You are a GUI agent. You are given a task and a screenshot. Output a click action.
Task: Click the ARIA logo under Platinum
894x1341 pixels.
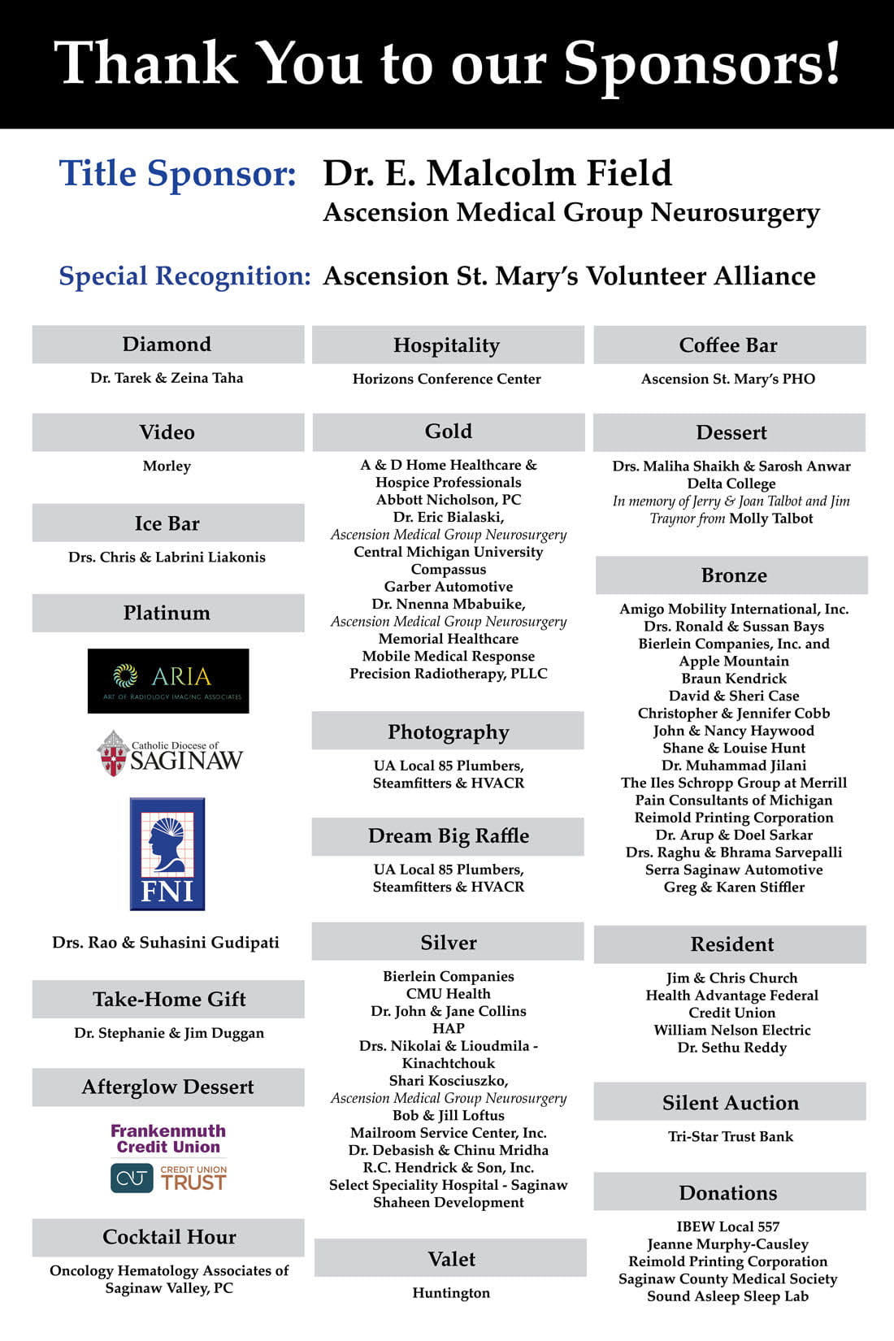coord(168,681)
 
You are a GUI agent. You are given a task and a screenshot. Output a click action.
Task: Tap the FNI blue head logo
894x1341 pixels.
coord(167,853)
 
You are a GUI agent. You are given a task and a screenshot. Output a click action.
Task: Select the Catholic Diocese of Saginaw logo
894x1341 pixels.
coord(170,753)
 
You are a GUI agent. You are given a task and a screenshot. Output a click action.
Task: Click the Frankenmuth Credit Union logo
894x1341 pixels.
coord(168,1139)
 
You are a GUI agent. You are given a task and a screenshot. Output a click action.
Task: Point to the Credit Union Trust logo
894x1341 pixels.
coord(168,1178)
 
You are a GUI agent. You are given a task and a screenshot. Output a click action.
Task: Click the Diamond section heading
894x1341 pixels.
coord(167,345)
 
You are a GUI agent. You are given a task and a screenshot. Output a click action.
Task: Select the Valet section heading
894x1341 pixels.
coord(451,1259)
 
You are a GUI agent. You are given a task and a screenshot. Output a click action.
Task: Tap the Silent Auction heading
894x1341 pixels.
coord(730,1103)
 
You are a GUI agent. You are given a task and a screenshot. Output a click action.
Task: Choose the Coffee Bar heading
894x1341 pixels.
coord(728,345)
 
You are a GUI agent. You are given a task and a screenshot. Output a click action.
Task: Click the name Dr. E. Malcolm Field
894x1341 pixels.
coord(497,174)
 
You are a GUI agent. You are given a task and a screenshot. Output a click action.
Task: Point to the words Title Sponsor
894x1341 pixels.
coord(177,174)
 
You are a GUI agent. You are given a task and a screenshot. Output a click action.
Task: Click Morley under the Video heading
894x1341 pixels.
coord(167,466)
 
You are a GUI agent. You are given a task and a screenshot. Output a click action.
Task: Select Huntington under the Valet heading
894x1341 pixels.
coord(451,1293)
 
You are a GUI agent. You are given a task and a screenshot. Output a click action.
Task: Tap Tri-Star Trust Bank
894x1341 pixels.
coord(730,1137)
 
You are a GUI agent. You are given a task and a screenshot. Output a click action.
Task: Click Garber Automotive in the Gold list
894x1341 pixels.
coord(449,587)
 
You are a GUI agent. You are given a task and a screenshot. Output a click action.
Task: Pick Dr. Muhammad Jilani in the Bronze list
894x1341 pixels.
coord(733,766)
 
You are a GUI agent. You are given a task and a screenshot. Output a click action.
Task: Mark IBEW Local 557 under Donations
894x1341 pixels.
coord(727,1227)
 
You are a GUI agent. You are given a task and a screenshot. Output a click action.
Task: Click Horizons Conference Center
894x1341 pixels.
coord(447,379)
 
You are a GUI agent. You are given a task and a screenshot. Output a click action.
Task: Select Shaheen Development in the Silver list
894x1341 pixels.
coord(449,1203)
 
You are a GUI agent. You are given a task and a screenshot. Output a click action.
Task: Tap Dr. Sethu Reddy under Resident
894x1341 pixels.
coord(731,1048)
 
